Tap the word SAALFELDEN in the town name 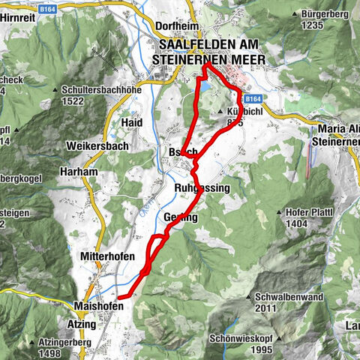pos(193,45)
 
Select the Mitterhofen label pos(106,256)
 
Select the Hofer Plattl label pos(308,212)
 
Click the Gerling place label pos(180,217)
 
